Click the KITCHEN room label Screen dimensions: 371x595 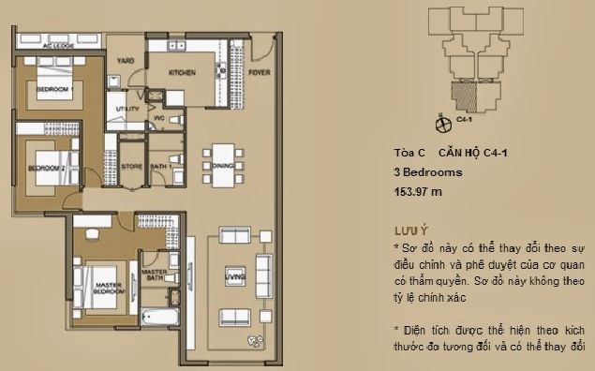tap(181, 72)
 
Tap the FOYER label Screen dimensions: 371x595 tap(260, 71)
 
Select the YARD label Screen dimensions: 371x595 tap(125, 59)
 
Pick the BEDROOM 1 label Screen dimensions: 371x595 tap(54, 89)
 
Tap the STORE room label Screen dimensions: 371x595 tap(132, 167)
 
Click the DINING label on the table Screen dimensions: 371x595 tap(221, 166)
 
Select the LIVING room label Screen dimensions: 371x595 tap(234, 275)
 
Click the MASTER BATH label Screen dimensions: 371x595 tap(155, 276)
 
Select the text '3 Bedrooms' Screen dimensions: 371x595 tap(427, 173)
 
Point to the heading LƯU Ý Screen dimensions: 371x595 tap(412, 230)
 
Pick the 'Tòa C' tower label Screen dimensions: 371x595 tap(409, 154)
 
